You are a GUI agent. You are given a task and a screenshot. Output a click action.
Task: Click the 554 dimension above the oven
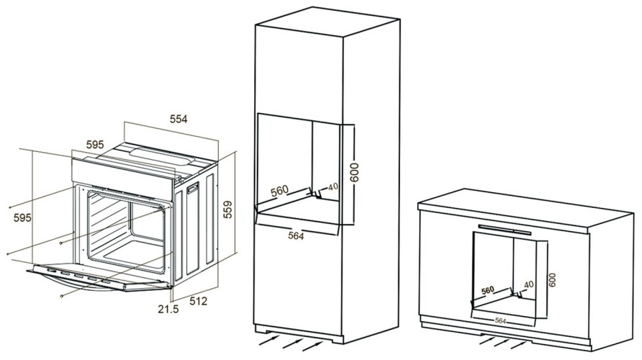(178, 119)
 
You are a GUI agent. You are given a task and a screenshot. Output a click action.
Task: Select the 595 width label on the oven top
(95, 145)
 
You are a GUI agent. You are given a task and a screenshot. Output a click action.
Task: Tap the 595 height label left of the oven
(22, 217)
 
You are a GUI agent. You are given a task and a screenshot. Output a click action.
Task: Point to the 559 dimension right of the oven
(227, 210)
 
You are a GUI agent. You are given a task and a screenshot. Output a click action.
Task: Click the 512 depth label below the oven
(199, 301)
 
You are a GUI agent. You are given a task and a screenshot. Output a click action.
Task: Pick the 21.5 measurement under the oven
(168, 309)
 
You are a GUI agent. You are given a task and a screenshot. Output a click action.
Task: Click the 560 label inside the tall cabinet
(280, 191)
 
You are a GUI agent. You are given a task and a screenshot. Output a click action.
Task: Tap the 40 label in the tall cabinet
(333, 186)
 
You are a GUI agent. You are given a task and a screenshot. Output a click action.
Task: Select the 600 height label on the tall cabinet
(354, 172)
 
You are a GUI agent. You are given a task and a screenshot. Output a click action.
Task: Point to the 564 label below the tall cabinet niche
(296, 235)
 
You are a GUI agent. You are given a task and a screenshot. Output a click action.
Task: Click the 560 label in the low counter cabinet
(488, 290)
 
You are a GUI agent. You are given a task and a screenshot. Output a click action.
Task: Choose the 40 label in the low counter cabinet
(529, 284)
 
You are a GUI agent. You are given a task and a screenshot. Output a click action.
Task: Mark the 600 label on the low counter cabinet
(552, 280)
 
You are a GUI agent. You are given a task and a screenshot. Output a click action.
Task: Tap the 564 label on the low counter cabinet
(500, 320)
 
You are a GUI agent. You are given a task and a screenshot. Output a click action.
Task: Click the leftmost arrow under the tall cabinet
(269, 340)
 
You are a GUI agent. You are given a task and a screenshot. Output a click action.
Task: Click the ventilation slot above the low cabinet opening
(505, 230)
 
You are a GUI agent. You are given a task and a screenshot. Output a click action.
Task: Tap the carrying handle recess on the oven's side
(192, 189)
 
